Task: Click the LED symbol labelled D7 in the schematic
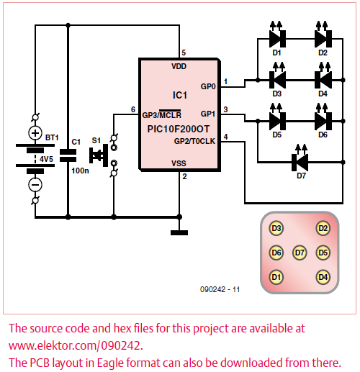point(300,160)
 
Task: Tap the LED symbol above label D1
point(277,37)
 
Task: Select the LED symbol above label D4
point(323,78)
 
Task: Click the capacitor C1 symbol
point(68,155)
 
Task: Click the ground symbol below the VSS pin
point(179,232)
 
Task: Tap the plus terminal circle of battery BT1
point(35,133)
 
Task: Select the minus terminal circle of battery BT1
point(35,185)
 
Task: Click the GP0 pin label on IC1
point(208,86)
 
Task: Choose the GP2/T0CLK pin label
point(194,141)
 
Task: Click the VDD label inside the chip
point(179,66)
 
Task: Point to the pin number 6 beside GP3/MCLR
point(133,109)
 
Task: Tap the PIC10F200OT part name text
point(179,129)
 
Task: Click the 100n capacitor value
point(80,171)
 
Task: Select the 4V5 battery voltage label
point(46,159)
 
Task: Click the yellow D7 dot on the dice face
point(300,253)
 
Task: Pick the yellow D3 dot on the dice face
point(276,228)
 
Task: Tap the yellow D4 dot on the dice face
point(323,277)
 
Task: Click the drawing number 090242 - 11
point(220,289)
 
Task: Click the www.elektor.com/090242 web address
point(76,346)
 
